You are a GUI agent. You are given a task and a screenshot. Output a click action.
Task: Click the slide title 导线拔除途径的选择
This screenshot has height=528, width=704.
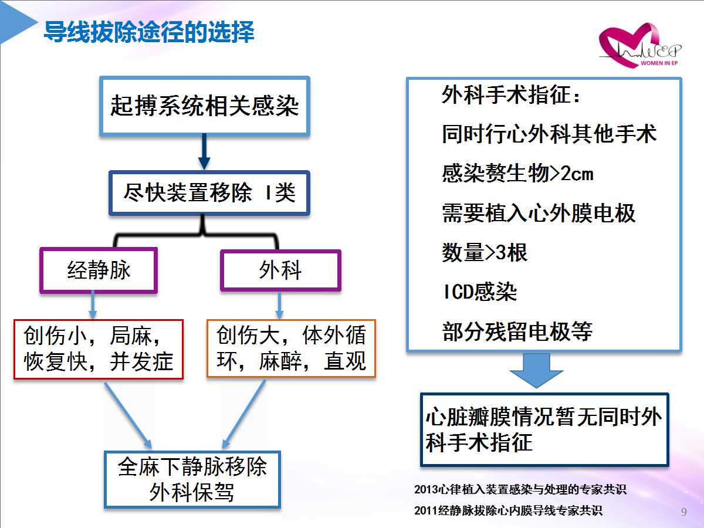(x=149, y=32)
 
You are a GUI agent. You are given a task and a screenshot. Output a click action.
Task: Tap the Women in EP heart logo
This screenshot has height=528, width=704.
(x=640, y=46)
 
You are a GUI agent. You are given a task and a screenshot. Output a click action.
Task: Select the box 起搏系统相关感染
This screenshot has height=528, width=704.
(x=205, y=106)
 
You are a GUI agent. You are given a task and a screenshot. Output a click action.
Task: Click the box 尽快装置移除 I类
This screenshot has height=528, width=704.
(x=209, y=193)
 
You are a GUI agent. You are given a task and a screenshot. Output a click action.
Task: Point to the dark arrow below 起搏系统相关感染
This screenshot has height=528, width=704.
(x=204, y=151)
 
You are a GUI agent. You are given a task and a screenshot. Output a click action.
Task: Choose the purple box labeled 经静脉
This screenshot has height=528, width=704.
(x=99, y=270)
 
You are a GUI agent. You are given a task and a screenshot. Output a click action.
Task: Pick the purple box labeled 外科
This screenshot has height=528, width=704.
(x=280, y=270)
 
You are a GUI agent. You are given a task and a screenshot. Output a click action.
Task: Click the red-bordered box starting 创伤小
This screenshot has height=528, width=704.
(x=99, y=350)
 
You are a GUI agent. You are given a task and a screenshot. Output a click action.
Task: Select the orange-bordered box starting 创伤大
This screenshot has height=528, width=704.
(x=291, y=348)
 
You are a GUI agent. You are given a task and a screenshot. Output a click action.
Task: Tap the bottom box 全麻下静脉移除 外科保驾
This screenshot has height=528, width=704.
(x=192, y=479)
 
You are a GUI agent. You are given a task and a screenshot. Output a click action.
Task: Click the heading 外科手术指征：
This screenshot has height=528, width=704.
(x=511, y=95)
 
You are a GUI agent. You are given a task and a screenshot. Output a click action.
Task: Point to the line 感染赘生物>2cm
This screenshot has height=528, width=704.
(x=517, y=174)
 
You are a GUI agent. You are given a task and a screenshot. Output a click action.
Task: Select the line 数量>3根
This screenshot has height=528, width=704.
(x=485, y=252)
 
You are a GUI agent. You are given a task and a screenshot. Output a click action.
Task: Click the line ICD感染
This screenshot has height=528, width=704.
(x=480, y=292)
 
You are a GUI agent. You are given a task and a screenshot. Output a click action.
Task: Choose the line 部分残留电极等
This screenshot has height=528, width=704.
(x=517, y=331)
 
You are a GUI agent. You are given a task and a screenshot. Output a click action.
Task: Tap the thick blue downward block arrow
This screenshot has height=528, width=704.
(x=536, y=370)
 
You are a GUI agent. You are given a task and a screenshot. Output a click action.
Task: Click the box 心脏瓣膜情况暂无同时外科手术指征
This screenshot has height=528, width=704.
(x=544, y=429)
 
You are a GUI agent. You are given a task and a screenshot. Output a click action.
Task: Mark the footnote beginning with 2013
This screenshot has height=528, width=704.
(x=520, y=489)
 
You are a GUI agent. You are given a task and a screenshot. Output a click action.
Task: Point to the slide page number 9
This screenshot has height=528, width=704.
(x=684, y=512)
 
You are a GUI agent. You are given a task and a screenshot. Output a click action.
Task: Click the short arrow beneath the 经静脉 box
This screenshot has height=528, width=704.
(x=93, y=306)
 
